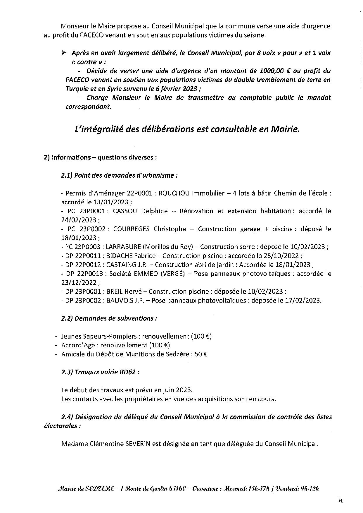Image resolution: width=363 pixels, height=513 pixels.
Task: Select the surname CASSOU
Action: coord(126,211)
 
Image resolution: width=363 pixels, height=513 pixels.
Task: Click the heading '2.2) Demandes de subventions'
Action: coord(109,318)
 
